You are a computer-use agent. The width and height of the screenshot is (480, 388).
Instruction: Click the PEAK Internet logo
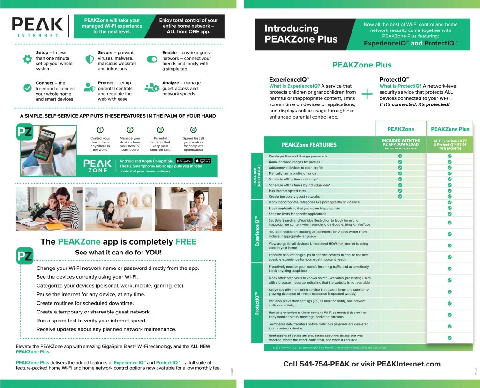click(x=37, y=27)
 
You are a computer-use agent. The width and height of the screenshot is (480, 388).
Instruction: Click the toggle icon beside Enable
click(x=152, y=60)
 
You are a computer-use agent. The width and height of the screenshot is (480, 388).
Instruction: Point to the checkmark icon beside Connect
click(x=27, y=88)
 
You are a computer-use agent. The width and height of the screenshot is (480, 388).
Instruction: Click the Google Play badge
click(x=184, y=161)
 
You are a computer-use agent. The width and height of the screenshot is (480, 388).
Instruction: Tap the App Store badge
click(x=203, y=161)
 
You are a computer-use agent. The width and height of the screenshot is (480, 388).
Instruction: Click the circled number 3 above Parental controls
click(x=160, y=130)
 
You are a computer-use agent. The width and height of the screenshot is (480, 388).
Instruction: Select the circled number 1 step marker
click(x=100, y=130)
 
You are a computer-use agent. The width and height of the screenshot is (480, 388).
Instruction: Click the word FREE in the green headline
click(x=186, y=242)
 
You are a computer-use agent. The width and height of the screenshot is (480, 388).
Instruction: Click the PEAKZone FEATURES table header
click(x=308, y=145)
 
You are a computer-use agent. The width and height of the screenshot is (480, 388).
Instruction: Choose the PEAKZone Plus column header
click(x=450, y=129)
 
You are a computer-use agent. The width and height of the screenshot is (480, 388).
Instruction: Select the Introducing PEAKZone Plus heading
click(x=300, y=34)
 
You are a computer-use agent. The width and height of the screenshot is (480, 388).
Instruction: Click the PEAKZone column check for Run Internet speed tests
click(x=400, y=191)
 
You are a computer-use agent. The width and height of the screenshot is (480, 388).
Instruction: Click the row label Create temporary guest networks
click(x=294, y=197)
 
